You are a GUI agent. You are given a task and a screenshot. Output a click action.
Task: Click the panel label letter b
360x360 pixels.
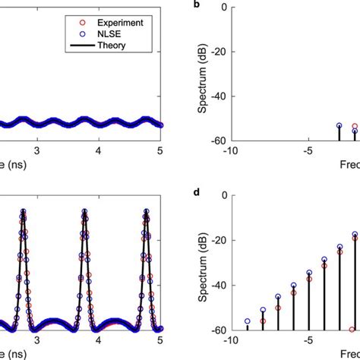click(x=197, y=5)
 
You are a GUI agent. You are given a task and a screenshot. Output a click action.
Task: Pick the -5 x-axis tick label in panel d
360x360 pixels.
click(x=308, y=340)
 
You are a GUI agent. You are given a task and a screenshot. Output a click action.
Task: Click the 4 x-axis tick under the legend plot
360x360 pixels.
click(x=99, y=150)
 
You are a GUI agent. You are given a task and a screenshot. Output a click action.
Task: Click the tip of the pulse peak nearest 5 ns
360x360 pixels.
click(x=144, y=211)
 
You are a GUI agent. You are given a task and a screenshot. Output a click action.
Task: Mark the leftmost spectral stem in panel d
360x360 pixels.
click(x=248, y=326)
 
